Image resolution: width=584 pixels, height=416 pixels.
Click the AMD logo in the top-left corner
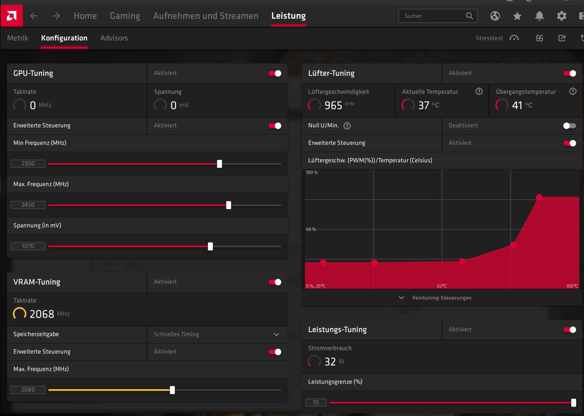click(11, 16)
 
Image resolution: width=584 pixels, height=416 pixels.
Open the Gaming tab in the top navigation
click(125, 16)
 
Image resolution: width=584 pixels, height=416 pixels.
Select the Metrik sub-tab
click(18, 38)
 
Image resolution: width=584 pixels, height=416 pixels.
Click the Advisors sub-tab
click(114, 38)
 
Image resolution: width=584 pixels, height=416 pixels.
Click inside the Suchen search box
click(433, 16)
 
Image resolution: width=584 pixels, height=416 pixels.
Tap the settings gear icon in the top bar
click(561, 16)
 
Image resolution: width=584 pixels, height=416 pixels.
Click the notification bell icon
click(539, 16)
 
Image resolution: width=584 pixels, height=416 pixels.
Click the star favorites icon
click(517, 16)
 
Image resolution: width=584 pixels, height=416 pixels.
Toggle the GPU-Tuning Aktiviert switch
click(275, 73)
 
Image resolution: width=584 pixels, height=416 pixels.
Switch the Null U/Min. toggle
click(569, 126)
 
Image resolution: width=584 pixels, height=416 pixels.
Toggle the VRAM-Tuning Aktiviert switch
click(275, 282)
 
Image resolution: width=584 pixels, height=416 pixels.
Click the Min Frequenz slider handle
click(219, 164)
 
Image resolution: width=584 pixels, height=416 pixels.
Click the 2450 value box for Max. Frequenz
click(28, 205)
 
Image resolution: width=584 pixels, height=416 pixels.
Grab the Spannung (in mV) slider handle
click(210, 246)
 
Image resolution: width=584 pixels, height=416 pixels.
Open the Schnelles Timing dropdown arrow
click(276, 334)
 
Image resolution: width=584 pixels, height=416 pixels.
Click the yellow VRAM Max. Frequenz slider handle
click(172, 390)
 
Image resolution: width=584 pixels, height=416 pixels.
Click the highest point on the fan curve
click(539, 197)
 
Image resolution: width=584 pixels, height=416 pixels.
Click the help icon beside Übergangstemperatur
click(573, 91)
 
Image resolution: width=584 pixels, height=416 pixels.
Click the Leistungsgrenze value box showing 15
click(316, 402)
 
